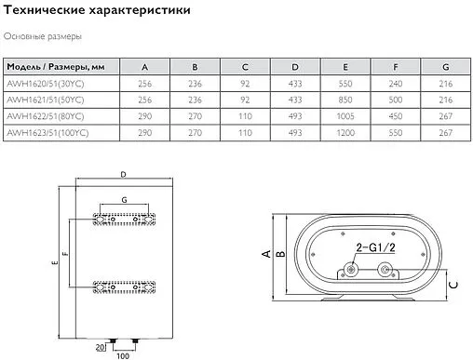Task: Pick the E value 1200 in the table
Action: [345, 132]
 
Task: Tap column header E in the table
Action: [345, 67]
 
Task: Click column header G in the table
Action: [446, 67]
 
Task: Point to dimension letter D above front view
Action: [123, 176]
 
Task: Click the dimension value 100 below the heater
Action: [121, 354]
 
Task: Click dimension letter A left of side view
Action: [264, 252]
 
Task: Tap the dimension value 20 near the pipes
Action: [100, 348]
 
